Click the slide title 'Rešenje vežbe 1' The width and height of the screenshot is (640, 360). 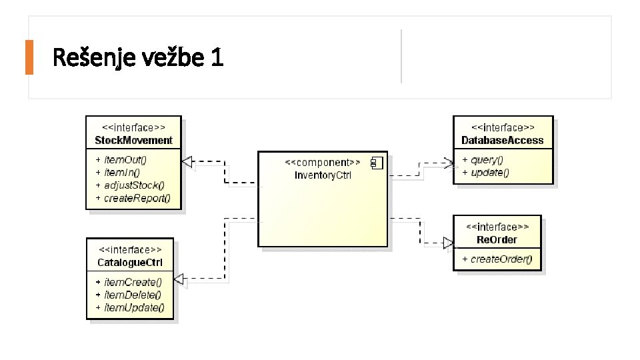point(137,58)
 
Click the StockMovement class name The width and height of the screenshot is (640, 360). point(133,140)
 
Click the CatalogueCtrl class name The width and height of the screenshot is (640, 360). point(129,262)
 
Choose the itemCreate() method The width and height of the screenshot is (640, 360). point(133,282)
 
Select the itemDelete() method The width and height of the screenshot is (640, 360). point(133,295)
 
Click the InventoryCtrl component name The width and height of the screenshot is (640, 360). point(323,175)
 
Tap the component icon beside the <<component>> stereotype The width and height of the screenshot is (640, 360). point(376,162)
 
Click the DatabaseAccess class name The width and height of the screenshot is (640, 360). point(503,140)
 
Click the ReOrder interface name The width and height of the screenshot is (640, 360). point(497,239)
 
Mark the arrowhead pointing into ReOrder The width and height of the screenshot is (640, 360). point(447,243)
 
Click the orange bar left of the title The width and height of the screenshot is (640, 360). point(29,57)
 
